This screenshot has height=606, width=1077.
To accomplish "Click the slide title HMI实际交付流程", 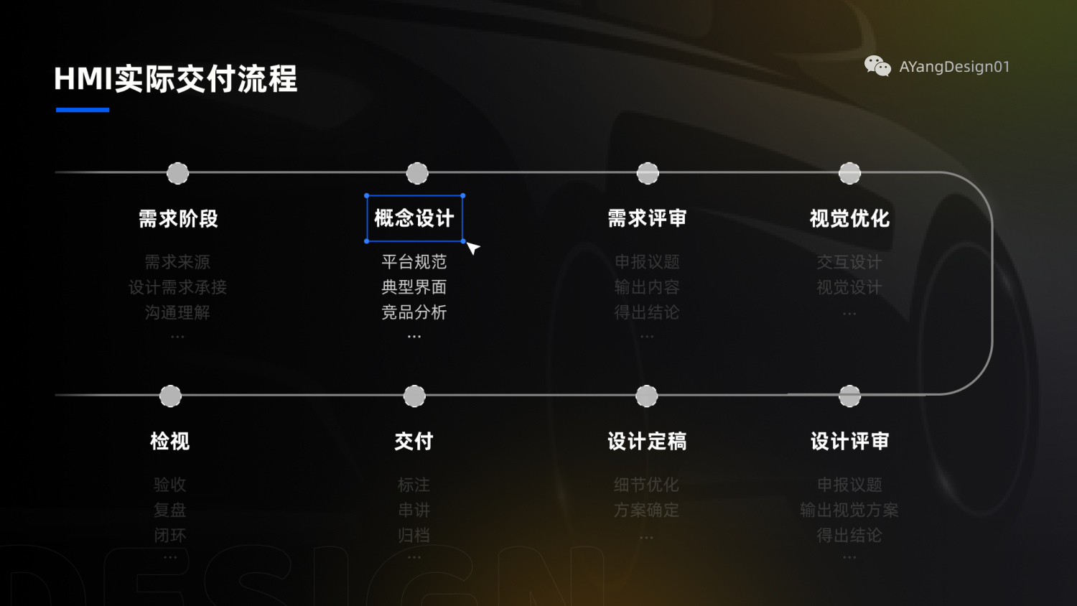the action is pos(176,79).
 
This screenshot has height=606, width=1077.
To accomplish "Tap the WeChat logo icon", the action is pos(877,66).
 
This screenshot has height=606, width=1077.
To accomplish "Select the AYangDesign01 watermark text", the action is pos(954,67).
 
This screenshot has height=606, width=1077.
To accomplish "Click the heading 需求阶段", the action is pos(178,218).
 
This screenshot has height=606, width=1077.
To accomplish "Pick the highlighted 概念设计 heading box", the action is pos(414,218).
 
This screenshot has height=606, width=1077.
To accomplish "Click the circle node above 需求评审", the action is pos(648,173).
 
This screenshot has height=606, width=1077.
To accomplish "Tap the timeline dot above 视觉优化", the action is pos(849,173).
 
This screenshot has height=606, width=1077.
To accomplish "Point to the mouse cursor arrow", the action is pos(472,248).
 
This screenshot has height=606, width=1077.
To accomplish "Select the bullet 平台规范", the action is pos(414,262).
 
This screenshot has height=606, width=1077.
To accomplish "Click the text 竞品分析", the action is pos(414,312).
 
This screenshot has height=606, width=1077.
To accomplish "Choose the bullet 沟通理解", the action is pos(177,312).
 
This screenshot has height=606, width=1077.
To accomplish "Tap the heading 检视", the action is pos(170,441).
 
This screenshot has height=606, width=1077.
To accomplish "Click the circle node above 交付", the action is pos(414,396).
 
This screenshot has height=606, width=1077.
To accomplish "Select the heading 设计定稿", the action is pos(647,441).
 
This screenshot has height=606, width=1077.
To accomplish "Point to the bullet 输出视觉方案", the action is pos(849,510).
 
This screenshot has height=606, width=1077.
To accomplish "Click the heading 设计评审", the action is pos(849,441).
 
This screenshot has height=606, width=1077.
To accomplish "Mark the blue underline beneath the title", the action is pos(83,110).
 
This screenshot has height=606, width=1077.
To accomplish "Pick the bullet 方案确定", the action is pos(646,510).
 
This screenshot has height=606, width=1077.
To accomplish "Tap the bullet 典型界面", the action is pos(414,287).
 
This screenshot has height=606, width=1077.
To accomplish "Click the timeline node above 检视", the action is pos(170,396).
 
